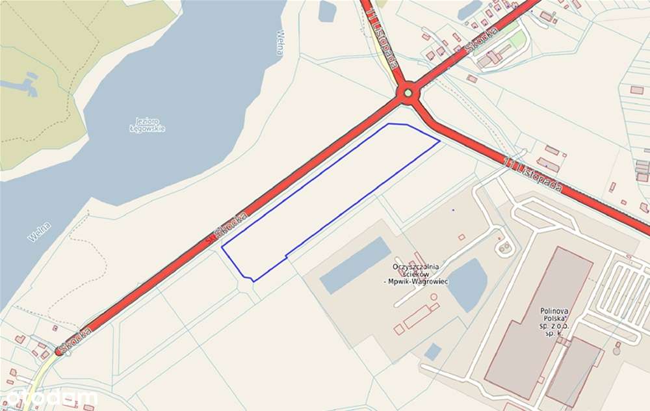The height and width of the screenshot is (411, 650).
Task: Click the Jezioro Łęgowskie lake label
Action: click(147, 124)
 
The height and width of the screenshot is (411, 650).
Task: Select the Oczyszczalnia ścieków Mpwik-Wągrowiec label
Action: click(417, 274)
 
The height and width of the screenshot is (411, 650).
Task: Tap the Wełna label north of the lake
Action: click(280, 42)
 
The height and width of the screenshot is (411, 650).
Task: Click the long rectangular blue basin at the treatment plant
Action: click(355, 265)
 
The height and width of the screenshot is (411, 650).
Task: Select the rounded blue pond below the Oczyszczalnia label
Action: click(467, 284)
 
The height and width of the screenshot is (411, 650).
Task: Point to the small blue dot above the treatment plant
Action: click(453, 210)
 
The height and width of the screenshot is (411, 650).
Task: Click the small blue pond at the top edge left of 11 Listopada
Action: click(327, 10)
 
